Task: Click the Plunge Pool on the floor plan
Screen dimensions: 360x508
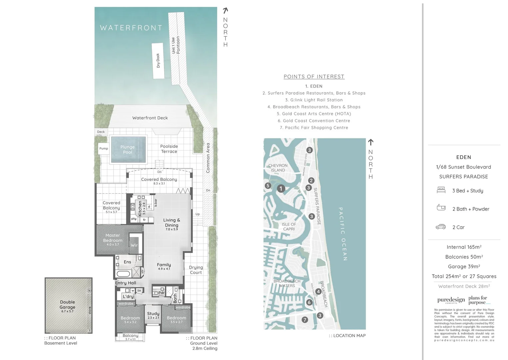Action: [128, 149]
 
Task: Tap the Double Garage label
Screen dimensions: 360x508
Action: [68, 305]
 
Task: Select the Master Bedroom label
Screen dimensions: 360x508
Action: [113, 238]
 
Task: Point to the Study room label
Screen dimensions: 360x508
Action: [153, 314]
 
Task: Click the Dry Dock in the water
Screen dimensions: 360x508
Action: [158, 61]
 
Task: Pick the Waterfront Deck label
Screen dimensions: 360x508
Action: [150, 118]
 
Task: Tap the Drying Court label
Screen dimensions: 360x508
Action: [196, 270]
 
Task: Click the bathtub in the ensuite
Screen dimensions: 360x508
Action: [123, 274]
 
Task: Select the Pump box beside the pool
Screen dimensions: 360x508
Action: [104, 148]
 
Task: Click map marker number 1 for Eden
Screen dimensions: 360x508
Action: [281, 189]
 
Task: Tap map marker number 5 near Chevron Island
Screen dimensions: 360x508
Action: [268, 186]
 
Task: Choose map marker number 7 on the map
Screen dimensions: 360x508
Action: [304, 320]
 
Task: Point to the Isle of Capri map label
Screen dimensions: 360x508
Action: [289, 227]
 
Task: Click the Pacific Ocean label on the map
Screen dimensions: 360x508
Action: [343, 234]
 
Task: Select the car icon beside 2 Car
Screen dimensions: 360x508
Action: [441, 227]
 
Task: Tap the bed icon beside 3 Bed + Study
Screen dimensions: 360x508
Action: [441, 190]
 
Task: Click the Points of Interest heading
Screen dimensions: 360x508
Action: [314, 77]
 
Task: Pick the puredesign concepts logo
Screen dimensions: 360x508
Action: [451, 300]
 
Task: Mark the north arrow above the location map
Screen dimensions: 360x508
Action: [370, 142]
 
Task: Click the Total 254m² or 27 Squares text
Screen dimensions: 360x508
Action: [464, 276]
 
